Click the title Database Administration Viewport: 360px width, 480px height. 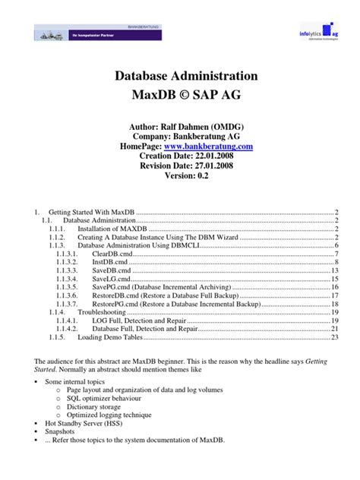pyautogui.click(x=180, y=76)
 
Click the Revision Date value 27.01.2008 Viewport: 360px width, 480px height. pyautogui.click(x=210, y=165)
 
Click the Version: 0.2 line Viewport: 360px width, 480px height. pyautogui.click(x=180, y=175)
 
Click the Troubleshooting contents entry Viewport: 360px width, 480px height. pyautogui.click(x=103, y=311)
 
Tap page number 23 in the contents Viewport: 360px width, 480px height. pyautogui.click(x=334, y=339)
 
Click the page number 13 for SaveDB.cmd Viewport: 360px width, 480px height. pyautogui.click(x=334, y=270)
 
